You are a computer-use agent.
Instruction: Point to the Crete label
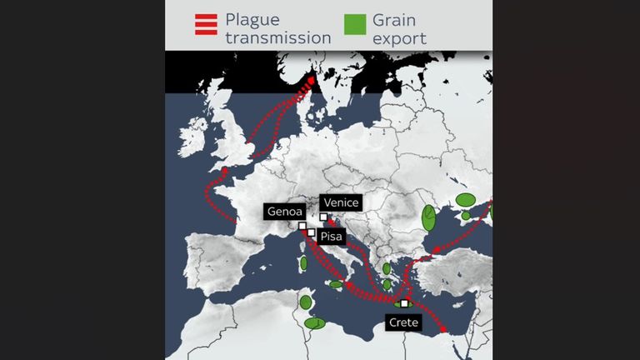pos(403,322)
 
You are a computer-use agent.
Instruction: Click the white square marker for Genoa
pos(302,225)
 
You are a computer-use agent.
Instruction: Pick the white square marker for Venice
pos(323,217)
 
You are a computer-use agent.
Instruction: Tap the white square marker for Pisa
pos(311,233)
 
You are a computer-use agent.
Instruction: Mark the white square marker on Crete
pos(404,303)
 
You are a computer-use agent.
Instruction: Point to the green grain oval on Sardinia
pos(303,263)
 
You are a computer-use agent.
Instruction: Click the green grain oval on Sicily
pos(336,284)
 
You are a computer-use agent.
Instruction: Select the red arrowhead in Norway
pos(312,81)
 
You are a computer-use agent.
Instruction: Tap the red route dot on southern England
pos(222,170)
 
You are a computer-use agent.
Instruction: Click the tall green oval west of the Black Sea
pos(428,217)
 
